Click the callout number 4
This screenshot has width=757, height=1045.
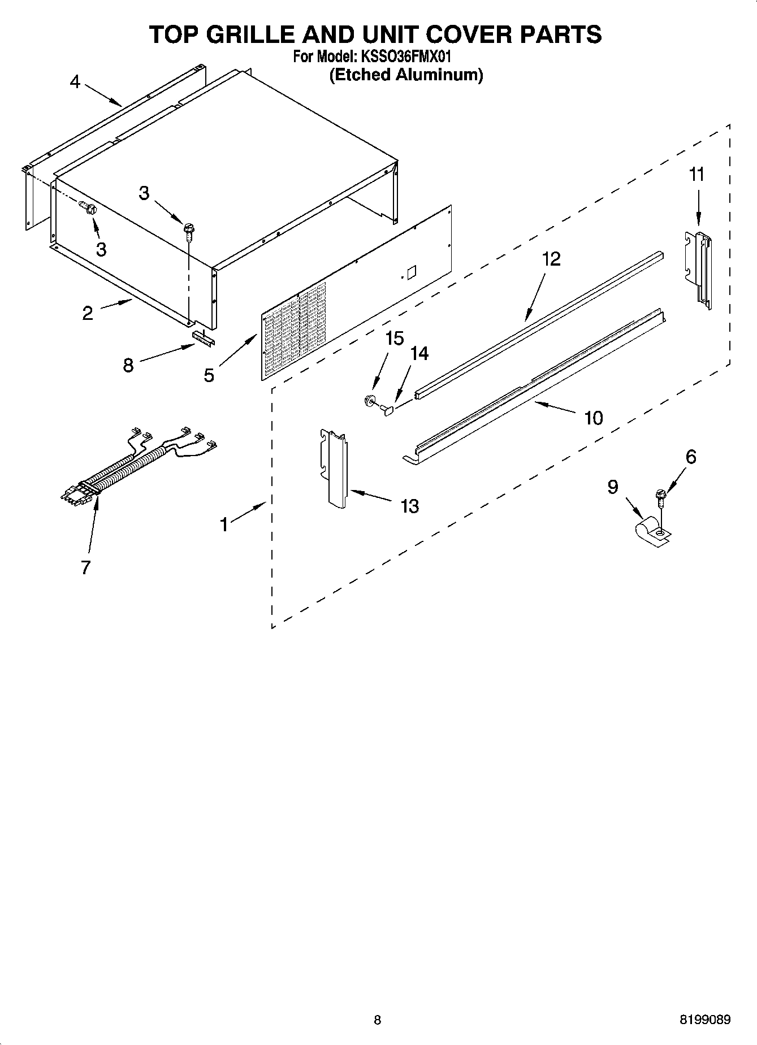[75, 82]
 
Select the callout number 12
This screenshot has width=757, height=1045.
[551, 259]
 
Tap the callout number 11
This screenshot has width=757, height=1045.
[697, 175]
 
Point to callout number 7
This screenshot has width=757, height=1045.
[85, 567]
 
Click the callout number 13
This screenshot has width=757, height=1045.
[409, 506]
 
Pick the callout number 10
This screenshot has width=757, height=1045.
[593, 418]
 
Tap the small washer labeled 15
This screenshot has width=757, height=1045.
[370, 401]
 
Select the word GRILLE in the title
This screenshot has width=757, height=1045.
[248, 35]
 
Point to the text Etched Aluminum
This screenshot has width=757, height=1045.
[406, 75]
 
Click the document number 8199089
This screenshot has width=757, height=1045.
[704, 1020]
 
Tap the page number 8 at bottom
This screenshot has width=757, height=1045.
[378, 1020]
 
